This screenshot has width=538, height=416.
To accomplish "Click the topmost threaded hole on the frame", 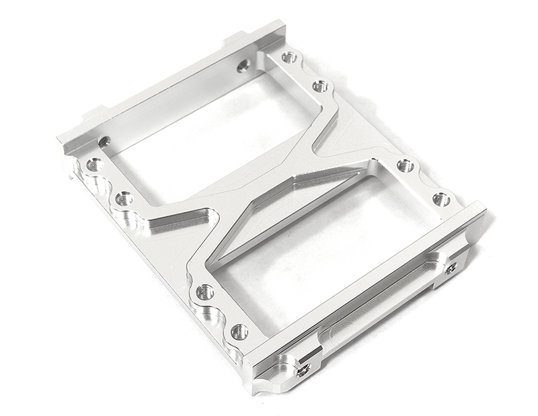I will (x=289, y=58).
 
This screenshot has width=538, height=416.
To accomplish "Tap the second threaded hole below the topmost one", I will (x=320, y=86).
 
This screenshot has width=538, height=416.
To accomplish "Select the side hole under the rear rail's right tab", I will (x=243, y=66).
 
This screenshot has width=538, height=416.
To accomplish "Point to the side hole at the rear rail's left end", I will (x=104, y=142).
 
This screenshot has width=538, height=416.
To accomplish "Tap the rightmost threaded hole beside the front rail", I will (x=441, y=199).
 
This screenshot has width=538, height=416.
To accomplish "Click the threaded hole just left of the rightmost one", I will (x=405, y=165).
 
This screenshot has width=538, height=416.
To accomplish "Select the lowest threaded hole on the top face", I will (x=239, y=331).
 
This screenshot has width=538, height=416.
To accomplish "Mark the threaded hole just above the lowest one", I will (x=205, y=292).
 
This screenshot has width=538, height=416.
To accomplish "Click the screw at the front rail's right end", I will (x=450, y=268).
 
